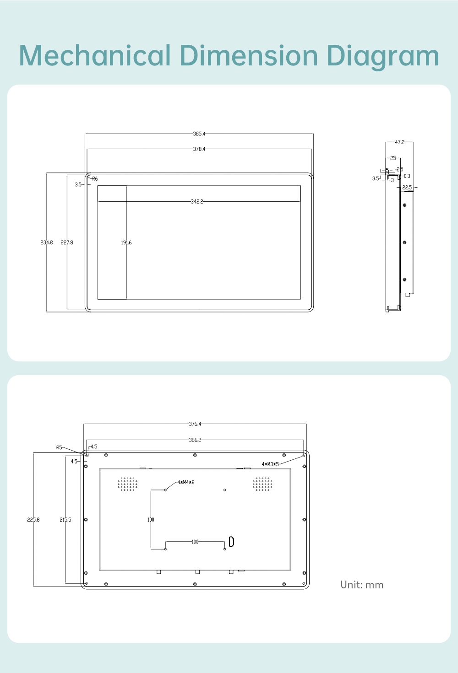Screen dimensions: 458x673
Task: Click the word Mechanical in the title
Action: [x=94, y=55]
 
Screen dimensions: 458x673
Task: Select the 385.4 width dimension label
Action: [x=199, y=134]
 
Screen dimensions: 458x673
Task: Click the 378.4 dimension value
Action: [x=199, y=149]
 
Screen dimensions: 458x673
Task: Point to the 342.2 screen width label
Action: [x=197, y=202]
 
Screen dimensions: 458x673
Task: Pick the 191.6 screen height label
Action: [x=126, y=242]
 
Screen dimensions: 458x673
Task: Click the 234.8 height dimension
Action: [x=47, y=242]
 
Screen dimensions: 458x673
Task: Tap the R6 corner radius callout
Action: [x=95, y=179]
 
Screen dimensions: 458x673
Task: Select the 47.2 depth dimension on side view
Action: [x=400, y=142]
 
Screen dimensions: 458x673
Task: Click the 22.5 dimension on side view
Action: [x=407, y=188]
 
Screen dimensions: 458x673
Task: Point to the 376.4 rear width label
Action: [x=195, y=424]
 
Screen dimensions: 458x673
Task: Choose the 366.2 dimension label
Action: [x=195, y=440]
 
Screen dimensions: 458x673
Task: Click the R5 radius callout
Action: [x=59, y=447]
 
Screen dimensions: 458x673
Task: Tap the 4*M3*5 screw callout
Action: [x=270, y=464]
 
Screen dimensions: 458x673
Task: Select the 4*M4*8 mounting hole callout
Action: [x=186, y=482]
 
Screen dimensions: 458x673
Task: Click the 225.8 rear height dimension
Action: [x=33, y=519]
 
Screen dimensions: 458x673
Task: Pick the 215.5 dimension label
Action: [x=65, y=519]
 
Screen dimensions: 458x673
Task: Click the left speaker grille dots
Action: [x=127, y=484]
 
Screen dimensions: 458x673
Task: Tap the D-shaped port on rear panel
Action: [x=232, y=541]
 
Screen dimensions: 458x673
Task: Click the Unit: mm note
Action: [x=362, y=585]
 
